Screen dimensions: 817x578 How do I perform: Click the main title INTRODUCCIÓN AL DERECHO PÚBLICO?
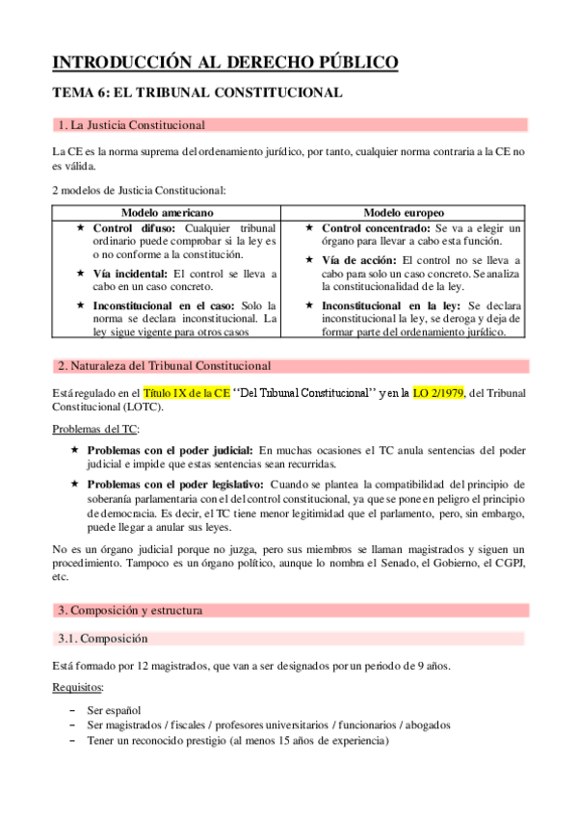click(223, 64)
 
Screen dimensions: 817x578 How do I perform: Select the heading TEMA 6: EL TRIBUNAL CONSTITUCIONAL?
click(197, 93)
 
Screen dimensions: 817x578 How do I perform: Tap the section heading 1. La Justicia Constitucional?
click(131, 125)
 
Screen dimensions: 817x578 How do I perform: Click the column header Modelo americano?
click(167, 211)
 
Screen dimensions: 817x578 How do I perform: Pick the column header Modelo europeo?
click(404, 211)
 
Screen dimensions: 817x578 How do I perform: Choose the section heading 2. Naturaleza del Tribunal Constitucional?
click(164, 366)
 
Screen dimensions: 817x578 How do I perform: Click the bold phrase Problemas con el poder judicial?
click(171, 449)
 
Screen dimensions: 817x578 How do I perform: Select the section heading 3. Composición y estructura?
click(131, 611)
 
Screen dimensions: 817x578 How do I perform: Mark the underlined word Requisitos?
click(81, 689)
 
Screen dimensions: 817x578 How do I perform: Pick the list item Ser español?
click(114, 709)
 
